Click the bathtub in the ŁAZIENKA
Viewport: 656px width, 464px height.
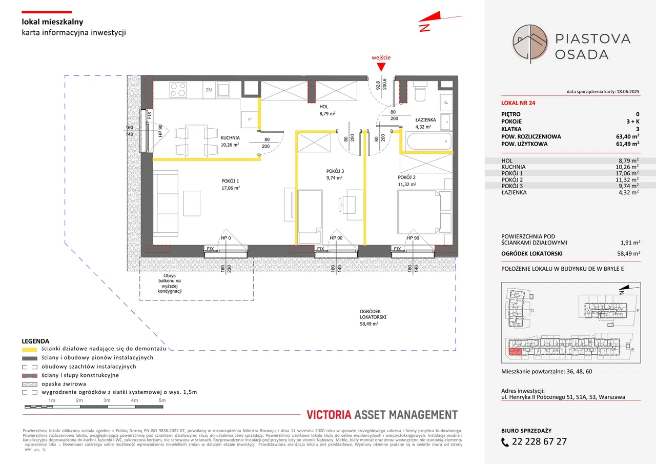[426, 141]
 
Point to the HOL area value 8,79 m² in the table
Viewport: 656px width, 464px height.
[627, 160]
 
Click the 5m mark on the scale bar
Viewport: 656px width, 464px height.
[162, 400]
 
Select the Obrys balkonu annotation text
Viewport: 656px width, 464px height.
[170, 283]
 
